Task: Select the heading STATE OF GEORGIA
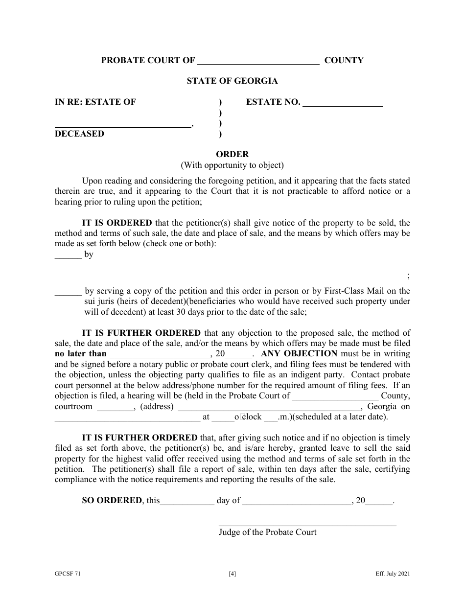232,81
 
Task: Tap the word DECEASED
79,134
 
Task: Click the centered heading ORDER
232,154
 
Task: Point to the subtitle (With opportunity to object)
232,165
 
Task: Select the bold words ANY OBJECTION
300,354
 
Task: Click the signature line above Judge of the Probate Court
307,525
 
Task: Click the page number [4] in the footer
232,575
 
